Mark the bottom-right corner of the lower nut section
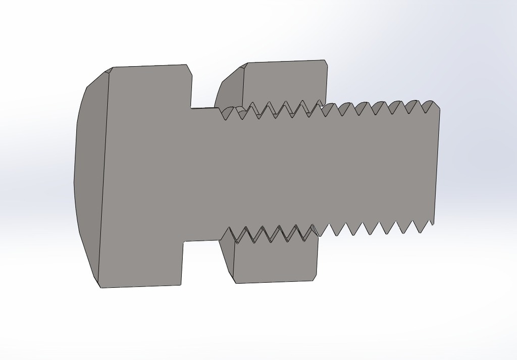click(318, 281)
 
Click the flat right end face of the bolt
click(437, 162)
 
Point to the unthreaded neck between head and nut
click(204, 172)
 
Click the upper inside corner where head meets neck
click(191, 108)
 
